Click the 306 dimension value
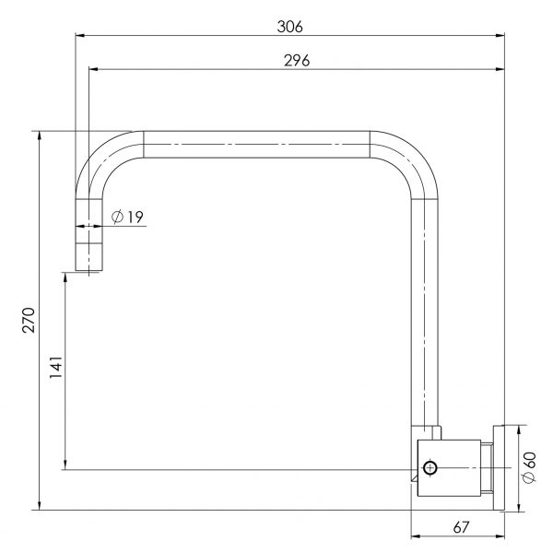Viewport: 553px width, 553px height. tap(289, 27)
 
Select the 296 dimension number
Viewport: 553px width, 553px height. tap(297, 61)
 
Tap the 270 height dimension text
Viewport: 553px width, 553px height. tap(29, 320)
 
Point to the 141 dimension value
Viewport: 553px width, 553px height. tap(55, 367)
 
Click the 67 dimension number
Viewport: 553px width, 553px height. tap(461, 527)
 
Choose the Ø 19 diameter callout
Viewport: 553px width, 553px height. tap(127, 217)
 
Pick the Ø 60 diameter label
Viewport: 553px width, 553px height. tap(529, 467)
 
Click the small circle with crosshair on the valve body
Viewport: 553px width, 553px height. tap(429, 468)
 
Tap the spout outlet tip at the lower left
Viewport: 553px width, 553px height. tap(88, 270)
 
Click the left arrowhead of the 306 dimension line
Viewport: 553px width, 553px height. tap(79, 35)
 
